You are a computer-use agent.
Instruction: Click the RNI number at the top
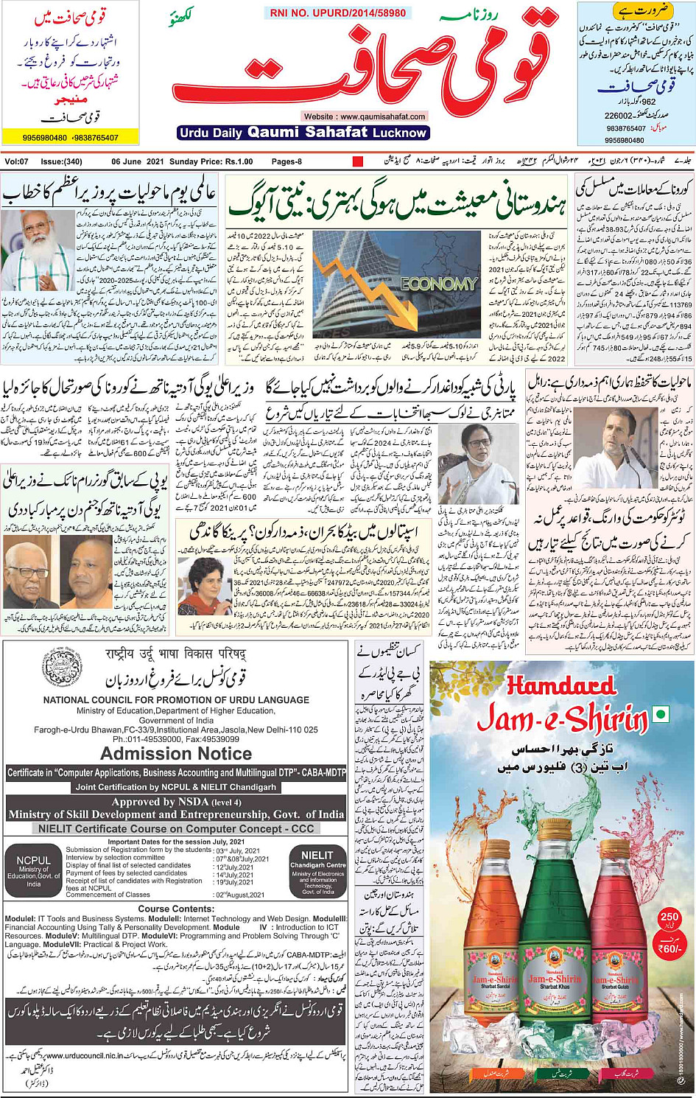337,13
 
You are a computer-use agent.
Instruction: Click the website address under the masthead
364,116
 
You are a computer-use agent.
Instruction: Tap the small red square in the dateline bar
358,161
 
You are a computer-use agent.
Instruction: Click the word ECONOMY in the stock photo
439,284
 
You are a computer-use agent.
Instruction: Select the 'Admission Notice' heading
176,754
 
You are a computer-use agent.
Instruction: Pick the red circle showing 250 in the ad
669,920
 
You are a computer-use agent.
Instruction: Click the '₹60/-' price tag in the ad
669,948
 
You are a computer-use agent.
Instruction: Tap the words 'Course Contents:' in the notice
175,909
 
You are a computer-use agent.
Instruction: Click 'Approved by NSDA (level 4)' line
176,802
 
